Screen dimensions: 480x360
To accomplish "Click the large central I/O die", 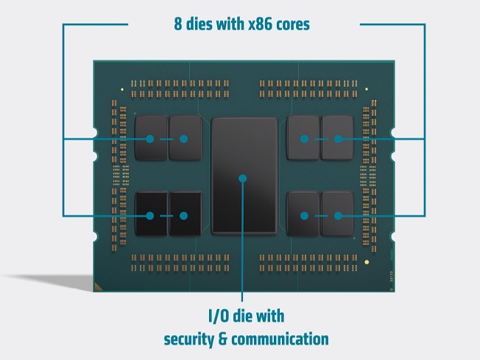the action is click(244, 176).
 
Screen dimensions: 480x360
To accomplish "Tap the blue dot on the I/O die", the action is click(243, 178).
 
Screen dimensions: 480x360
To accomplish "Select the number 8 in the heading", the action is click(178, 24).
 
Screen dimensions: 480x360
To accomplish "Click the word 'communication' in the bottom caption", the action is click(280, 339).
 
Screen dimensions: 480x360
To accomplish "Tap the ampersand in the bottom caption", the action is click(222, 339).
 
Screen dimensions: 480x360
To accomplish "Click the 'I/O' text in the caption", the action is click(218, 316).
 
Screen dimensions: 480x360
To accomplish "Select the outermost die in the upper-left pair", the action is click(151, 138).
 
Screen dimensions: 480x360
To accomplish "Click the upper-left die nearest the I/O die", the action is click(186, 138).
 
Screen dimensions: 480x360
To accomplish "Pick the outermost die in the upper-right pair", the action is click(337, 138).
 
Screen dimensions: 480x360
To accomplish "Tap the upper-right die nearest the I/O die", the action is click(303, 138).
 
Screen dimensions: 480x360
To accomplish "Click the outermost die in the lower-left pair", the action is click(151, 213).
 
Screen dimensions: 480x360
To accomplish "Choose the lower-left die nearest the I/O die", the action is click(186, 213).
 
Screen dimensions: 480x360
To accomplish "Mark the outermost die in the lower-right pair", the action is click(337, 213).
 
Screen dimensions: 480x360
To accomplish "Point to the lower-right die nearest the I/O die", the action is click(303, 213).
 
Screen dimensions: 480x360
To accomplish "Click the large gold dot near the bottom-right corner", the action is click(367, 262).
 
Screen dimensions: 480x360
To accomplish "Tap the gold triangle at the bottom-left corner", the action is click(97, 287).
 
